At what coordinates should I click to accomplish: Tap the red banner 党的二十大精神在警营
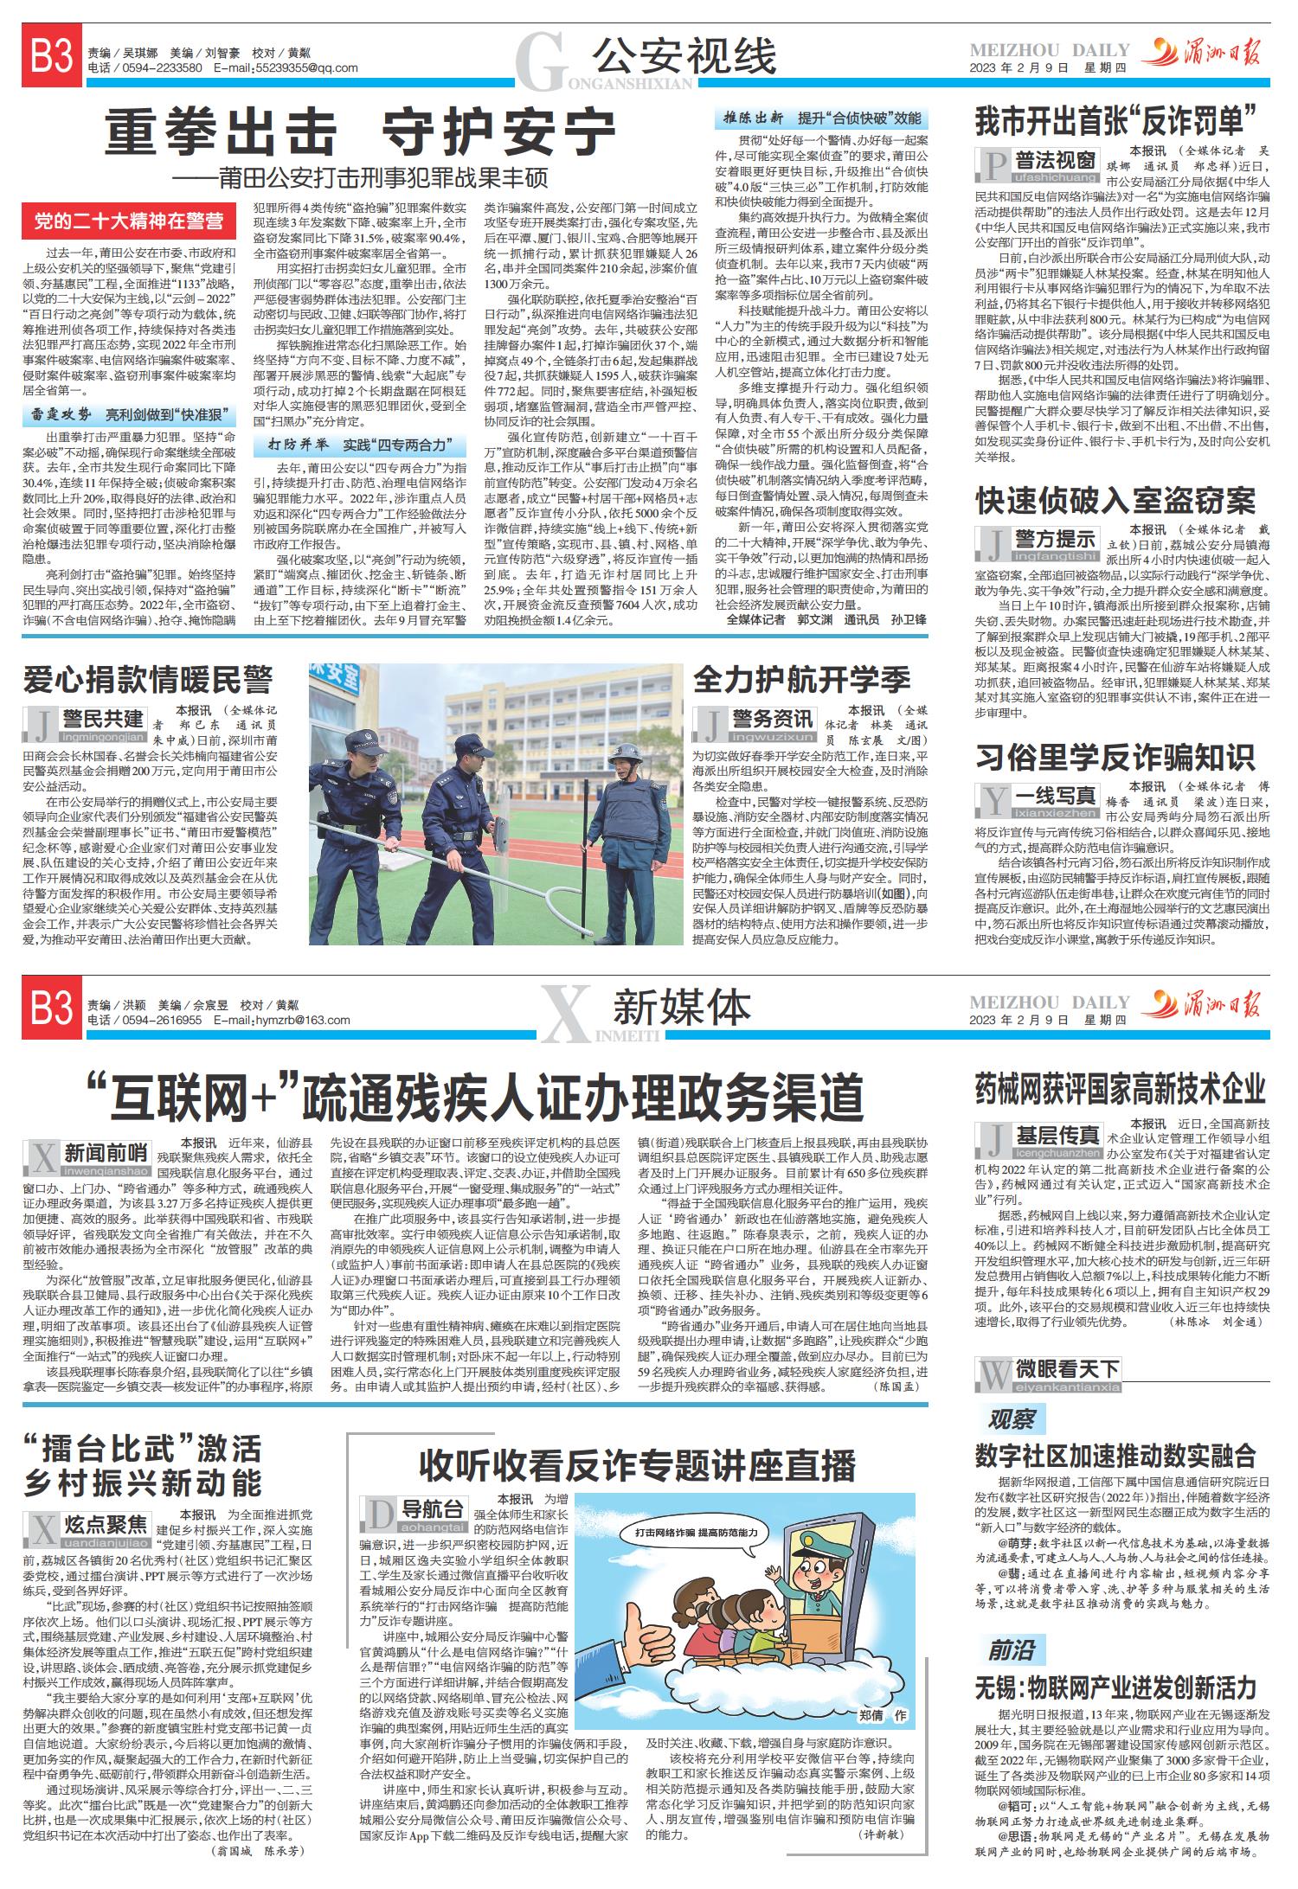(x=129, y=221)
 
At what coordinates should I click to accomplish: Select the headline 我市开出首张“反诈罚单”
(x=1121, y=121)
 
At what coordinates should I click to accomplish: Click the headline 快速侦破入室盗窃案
(x=1115, y=500)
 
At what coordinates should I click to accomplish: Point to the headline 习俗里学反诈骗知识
(x=1115, y=757)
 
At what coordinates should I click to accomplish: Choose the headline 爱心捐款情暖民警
(x=148, y=680)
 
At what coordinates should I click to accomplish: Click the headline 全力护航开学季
(x=801, y=680)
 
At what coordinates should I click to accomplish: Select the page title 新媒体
(x=682, y=1009)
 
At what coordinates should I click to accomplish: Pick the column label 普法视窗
(x=1055, y=161)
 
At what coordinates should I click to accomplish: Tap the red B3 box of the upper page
(x=52, y=59)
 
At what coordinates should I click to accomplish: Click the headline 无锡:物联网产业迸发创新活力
(x=1115, y=1688)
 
